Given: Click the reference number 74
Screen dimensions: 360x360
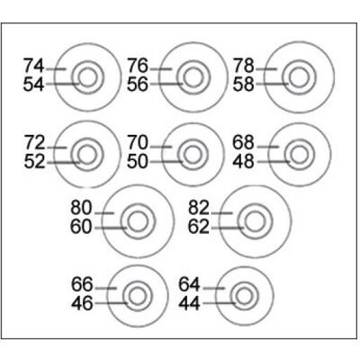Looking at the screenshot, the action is [x=34, y=66].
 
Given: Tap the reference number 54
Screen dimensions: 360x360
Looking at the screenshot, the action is [x=34, y=85].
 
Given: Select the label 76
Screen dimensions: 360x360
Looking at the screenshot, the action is [x=138, y=66].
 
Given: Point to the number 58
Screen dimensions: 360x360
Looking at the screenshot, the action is [x=244, y=85].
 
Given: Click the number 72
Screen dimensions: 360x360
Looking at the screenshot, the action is [x=34, y=143].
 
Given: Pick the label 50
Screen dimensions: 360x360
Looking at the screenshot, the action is [x=138, y=162].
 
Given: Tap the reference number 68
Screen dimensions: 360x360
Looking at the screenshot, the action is [x=244, y=143].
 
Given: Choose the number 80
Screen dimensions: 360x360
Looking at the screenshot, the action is [x=81, y=208].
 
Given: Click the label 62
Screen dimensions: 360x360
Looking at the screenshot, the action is [x=198, y=227].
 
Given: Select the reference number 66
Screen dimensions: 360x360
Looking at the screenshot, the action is [x=82, y=284].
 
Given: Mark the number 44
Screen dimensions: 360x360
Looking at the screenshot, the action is [x=189, y=303].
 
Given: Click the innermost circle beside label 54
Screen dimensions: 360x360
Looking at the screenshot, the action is [x=87, y=77].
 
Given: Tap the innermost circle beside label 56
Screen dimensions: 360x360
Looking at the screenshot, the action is [x=193, y=77].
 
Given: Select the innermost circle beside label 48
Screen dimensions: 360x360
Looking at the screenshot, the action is [x=300, y=155].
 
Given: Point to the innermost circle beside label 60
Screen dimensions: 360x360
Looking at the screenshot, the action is [x=138, y=221].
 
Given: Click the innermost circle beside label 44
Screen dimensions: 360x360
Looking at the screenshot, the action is [x=244, y=296].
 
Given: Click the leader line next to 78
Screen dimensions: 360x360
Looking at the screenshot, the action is [x=266, y=69].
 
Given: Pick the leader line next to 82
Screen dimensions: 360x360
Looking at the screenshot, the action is [x=222, y=213].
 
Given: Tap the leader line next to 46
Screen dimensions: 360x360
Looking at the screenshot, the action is [x=112, y=303].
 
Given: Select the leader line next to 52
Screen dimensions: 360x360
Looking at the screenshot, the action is [x=63, y=163].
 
